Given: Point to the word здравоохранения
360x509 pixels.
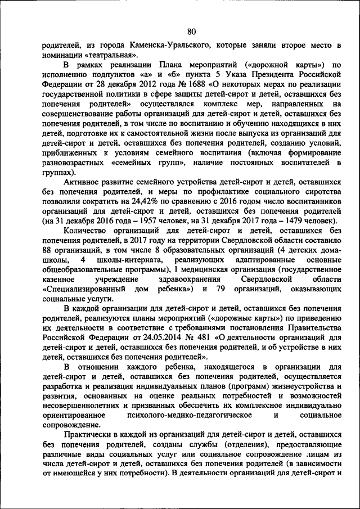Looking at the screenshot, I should point(185,280).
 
